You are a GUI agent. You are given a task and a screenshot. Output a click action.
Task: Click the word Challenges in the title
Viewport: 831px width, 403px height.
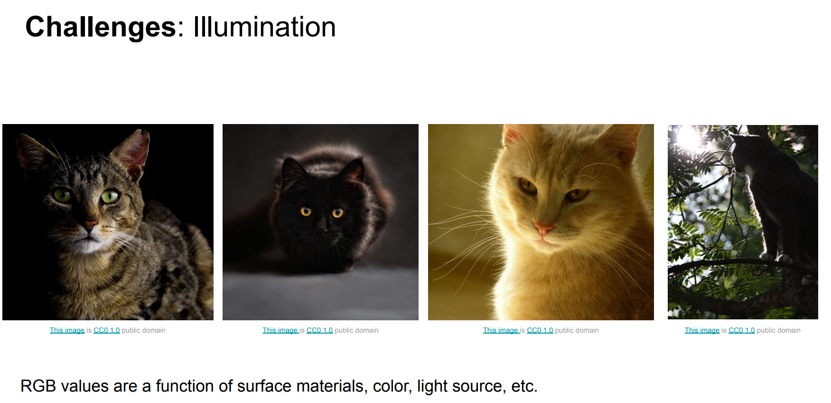tap(101, 27)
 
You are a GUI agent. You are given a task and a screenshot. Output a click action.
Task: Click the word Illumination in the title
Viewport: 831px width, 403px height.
tap(264, 27)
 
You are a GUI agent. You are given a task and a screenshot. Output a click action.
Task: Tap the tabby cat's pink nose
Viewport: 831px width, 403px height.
tap(90, 224)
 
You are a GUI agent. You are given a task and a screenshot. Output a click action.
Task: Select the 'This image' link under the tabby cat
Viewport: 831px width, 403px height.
tap(67, 330)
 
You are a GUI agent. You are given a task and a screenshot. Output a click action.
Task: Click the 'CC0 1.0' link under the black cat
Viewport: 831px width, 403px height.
tap(319, 330)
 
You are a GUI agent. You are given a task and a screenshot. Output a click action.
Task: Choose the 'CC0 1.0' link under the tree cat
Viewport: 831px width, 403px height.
tap(741, 330)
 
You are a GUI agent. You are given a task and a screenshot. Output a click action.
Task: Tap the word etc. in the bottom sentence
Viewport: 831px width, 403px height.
tap(524, 386)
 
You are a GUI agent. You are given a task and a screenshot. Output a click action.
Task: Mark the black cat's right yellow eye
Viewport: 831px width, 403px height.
tap(337, 212)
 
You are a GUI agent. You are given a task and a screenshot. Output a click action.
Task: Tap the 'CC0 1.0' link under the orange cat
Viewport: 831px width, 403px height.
tap(540, 330)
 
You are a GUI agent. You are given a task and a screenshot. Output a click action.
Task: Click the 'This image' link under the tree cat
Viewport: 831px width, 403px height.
tap(702, 330)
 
